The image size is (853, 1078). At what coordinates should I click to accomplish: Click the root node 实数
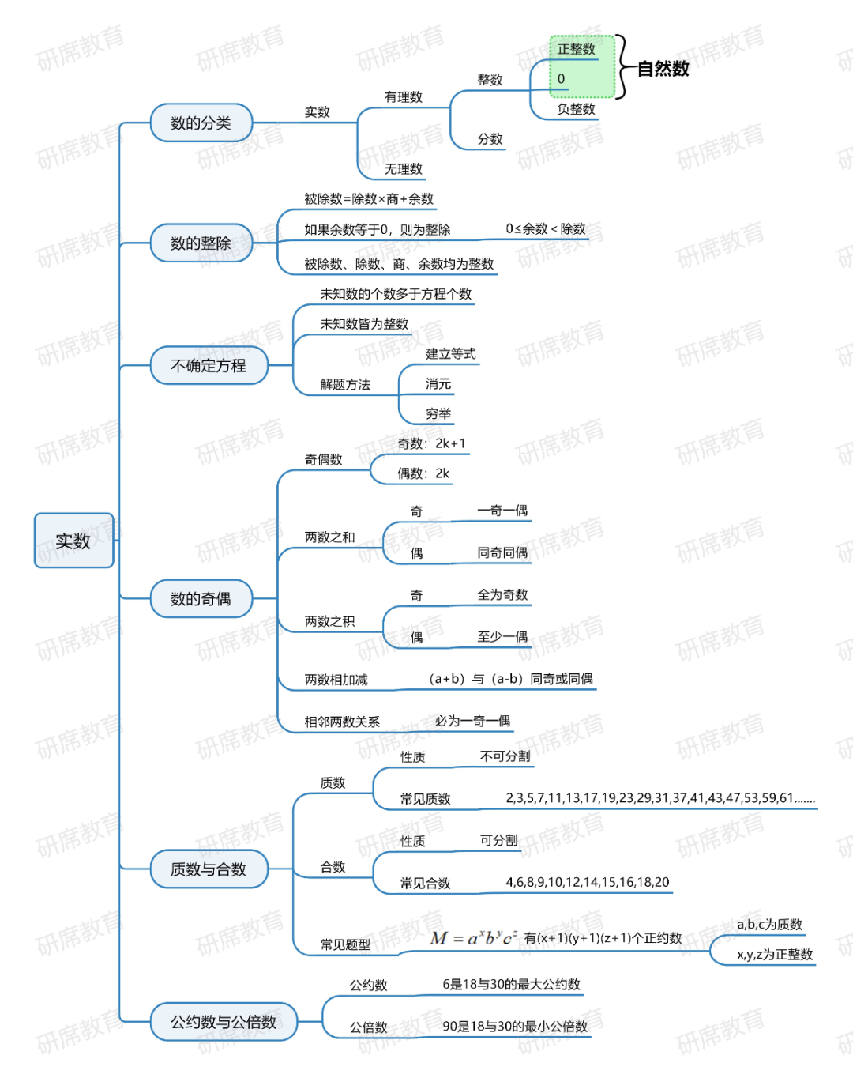point(73,541)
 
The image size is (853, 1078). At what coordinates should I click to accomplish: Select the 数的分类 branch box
point(201,123)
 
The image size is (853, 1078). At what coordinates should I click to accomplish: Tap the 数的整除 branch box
point(201,243)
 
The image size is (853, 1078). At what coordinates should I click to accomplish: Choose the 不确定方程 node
point(209,365)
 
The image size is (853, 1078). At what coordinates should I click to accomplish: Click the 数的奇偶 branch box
point(201,599)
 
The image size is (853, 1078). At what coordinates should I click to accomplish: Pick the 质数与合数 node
point(209,869)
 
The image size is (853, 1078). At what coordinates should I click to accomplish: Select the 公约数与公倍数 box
point(224,1022)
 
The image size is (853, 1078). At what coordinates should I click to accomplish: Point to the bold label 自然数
point(663,69)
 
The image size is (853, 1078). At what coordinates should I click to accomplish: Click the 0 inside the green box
point(562,79)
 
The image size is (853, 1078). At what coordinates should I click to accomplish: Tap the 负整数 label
point(576,109)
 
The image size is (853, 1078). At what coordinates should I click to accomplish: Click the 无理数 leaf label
point(403,169)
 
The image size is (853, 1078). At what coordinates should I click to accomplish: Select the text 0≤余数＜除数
point(546,229)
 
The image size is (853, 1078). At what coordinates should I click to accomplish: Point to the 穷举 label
point(438,414)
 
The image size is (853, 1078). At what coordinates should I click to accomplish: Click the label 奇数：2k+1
point(431,443)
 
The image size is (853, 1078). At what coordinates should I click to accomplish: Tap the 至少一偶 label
point(502,637)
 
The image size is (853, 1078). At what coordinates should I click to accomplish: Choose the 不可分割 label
point(505,756)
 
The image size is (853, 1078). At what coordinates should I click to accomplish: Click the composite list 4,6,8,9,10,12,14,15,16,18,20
point(587,882)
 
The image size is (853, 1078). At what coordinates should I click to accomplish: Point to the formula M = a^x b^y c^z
point(473,938)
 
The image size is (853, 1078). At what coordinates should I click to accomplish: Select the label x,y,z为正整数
point(775,955)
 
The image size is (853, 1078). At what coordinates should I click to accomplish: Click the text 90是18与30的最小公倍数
point(515,1027)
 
